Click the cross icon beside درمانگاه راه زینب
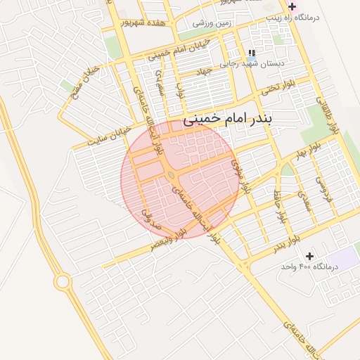click(x=292, y=6)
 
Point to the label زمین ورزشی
click(x=214, y=23)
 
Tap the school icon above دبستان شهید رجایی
click(x=252, y=53)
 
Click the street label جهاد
click(x=204, y=71)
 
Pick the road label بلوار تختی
click(x=277, y=89)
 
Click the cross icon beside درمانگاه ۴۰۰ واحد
click(x=309, y=256)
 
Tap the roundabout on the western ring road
click(x=63, y=281)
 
